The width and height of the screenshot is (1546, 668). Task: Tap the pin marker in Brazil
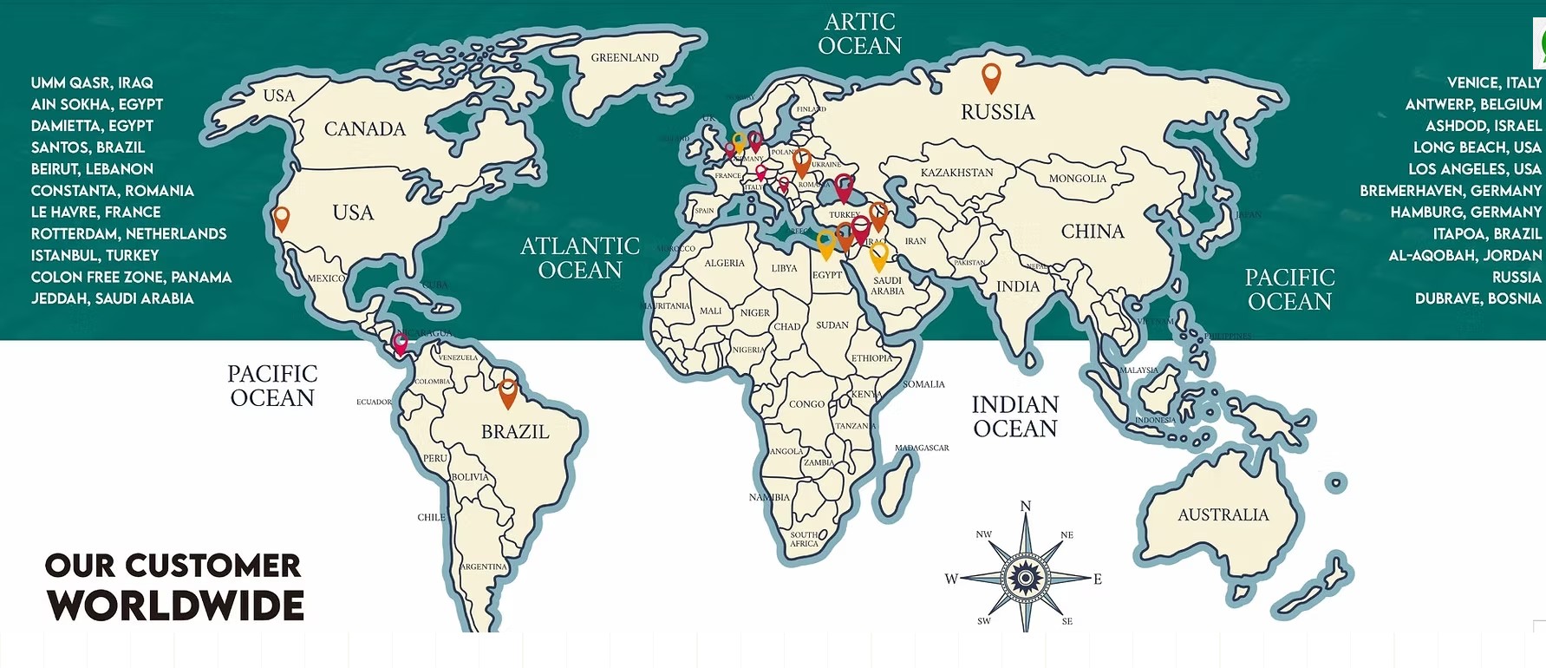pyautogui.click(x=508, y=392)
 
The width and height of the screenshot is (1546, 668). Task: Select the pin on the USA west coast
pyautogui.click(x=281, y=218)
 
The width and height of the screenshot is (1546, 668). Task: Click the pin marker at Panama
pyautogui.click(x=400, y=344)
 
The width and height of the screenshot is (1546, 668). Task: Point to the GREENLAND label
pyautogui.click(x=624, y=58)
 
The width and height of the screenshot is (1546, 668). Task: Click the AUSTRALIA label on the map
pyautogui.click(x=1223, y=514)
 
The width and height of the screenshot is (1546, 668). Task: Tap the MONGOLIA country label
pyautogui.click(x=1077, y=179)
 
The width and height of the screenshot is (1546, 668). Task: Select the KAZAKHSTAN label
pyautogui.click(x=956, y=173)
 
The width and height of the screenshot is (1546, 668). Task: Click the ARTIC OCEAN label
pyautogui.click(x=859, y=34)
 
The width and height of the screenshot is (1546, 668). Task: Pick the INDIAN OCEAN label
pyautogui.click(x=1014, y=416)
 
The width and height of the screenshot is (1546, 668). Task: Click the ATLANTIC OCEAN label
pyautogui.click(x=579, y=258)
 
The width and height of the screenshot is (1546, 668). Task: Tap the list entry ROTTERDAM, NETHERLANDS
pyautogui.click(x=128, y=233)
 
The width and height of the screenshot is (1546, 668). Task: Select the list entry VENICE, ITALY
pyautogui.click(x=1493, y=82)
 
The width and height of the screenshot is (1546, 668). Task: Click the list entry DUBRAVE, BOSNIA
pyautogui.click(x=1478, y=298)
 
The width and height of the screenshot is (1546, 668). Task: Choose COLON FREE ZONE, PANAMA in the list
pyautogui.click(x=131, y=277)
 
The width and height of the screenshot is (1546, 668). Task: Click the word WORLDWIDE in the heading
pyautogui.click(x=175, y=606)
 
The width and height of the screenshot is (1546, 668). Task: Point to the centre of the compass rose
pyautogui.click(x=1025, y=577)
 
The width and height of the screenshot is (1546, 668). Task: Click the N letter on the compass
pyautogui.click(x=1026, y=507)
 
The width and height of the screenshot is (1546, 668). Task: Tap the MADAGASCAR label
pyautogui.click(x=921, y=448)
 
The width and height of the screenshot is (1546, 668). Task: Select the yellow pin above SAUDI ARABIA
pyautogui.click(x=878, y=256)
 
